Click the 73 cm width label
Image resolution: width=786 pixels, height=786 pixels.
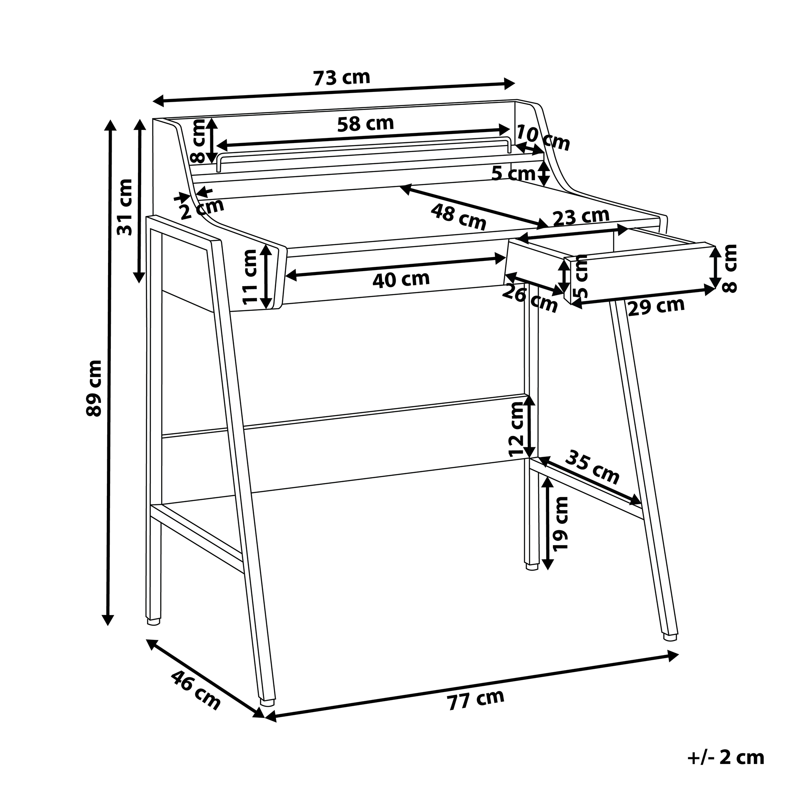point(342,78)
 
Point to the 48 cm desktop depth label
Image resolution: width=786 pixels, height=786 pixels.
point(459,217)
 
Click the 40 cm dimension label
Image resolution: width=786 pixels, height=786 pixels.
point(401,279)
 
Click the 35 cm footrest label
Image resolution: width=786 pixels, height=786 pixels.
point(592,467)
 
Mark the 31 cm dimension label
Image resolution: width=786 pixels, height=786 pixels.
point(125,207)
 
